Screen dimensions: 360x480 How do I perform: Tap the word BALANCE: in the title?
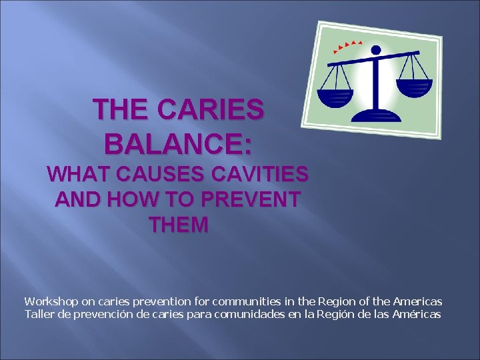[178, 143]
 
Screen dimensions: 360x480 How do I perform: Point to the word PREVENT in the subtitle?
[249, 199]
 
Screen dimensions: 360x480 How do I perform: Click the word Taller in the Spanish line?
[38, 314]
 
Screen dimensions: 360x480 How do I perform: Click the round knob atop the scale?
[375, 49]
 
